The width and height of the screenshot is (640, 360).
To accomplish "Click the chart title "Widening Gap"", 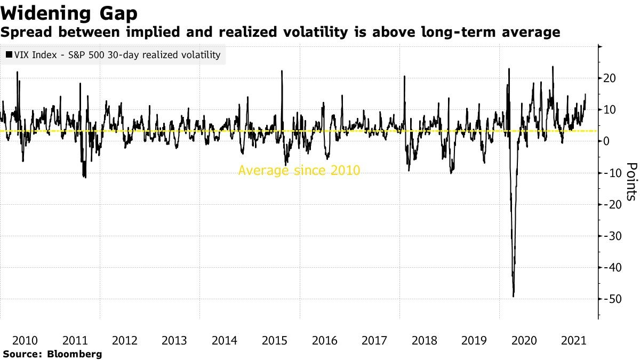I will pos(69,12).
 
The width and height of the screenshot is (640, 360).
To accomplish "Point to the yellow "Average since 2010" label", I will pos(299,171).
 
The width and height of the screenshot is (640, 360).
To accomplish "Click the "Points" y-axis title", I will pos(631,181).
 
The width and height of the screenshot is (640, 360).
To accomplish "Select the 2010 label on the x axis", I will pos(25,340).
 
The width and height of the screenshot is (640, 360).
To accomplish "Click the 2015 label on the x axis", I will pos(275,340).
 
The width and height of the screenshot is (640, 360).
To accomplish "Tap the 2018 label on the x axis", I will pos(425,340).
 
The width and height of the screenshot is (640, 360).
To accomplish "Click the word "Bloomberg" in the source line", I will pos(75,354).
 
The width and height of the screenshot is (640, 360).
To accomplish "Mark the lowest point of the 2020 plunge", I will pos(513,297).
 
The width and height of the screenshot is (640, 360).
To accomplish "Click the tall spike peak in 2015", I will pos(281,71).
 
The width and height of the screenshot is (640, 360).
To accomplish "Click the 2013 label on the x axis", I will pos(175,340).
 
